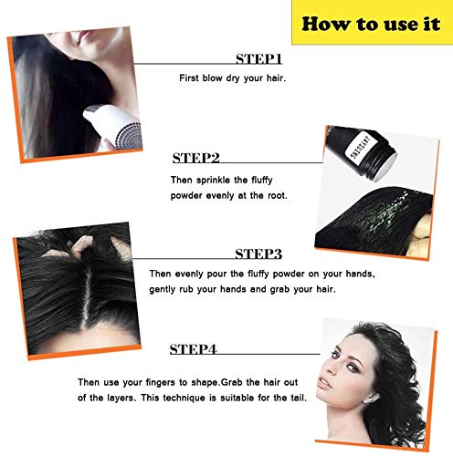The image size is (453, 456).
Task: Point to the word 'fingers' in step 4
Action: click(x=238, y=380)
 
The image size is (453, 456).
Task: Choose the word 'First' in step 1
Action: click(x=189, y=79)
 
